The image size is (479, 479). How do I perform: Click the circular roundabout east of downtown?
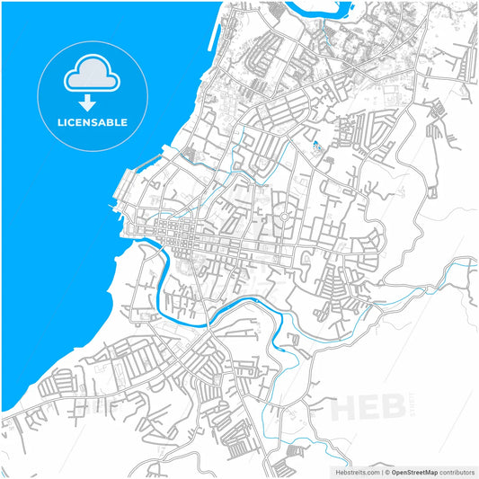284,217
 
